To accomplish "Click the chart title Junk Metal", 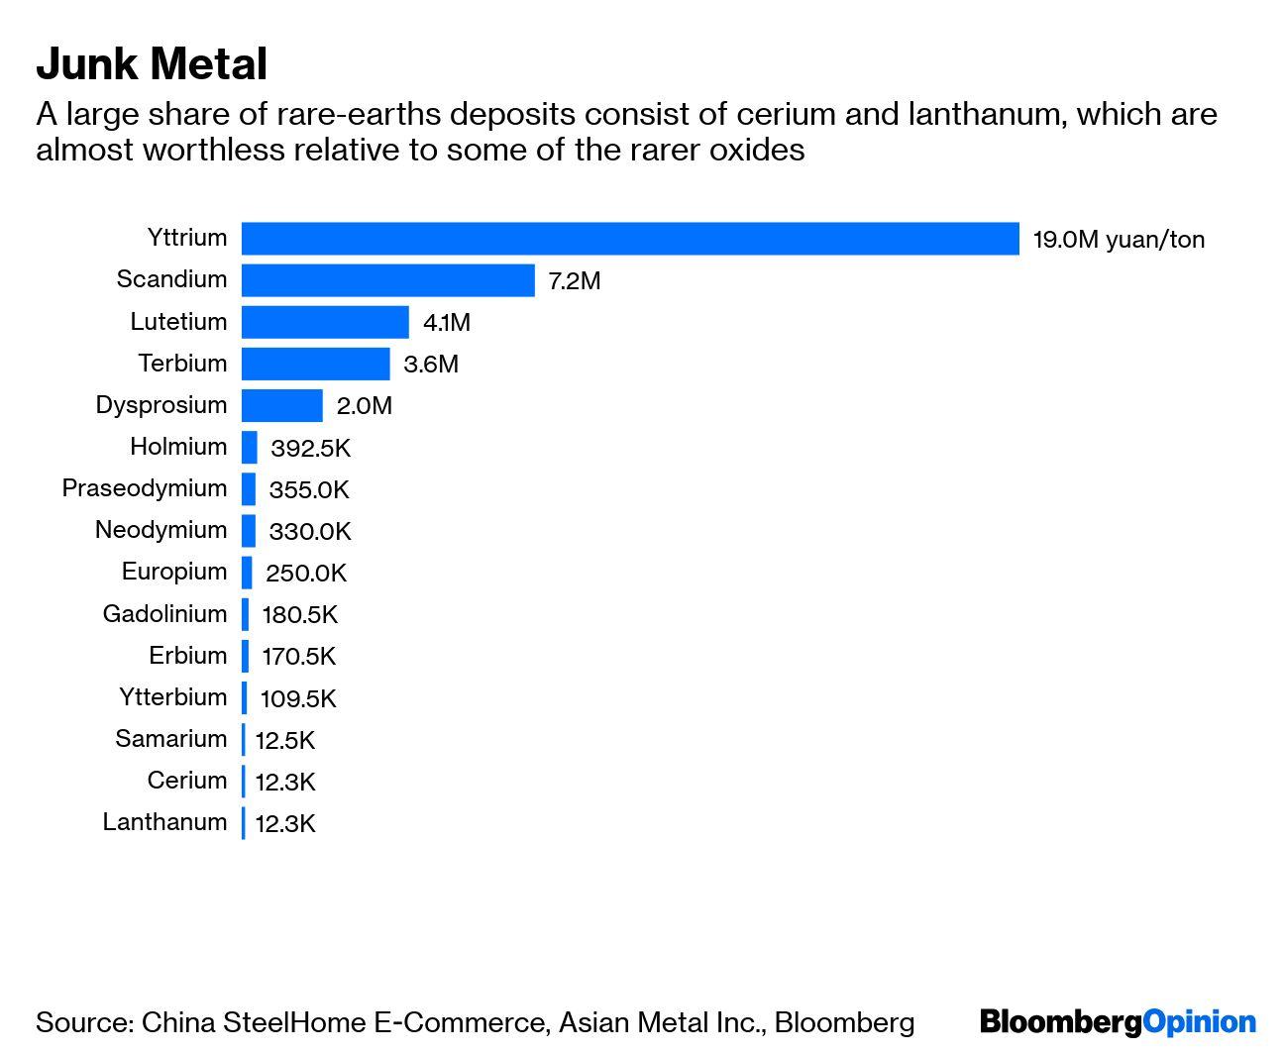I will tap(152, 64).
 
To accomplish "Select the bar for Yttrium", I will tap(630, 239).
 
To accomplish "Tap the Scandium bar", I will tap(388, 280).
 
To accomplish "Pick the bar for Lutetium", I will tap(325, 322).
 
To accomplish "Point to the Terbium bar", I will tap(316, 364).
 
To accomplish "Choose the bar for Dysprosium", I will tap(282, 405).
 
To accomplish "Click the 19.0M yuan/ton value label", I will tap(1119, 240).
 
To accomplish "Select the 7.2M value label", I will tap(575, 281).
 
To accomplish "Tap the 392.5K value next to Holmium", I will tap(310, 448).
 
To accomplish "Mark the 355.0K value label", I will tap(309, 489).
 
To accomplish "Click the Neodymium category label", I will tap(160, 530).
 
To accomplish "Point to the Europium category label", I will tap(174, 572).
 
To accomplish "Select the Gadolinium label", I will tap(164, 614).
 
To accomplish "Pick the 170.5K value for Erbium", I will tap(298, 656).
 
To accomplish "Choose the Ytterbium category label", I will tap(173, 697).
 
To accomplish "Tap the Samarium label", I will tap(170, 739).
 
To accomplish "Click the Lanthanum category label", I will tap(164, 822).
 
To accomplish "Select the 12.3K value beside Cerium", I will tap(285, 782).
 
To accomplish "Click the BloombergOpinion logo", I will tap(1118, 1022).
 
